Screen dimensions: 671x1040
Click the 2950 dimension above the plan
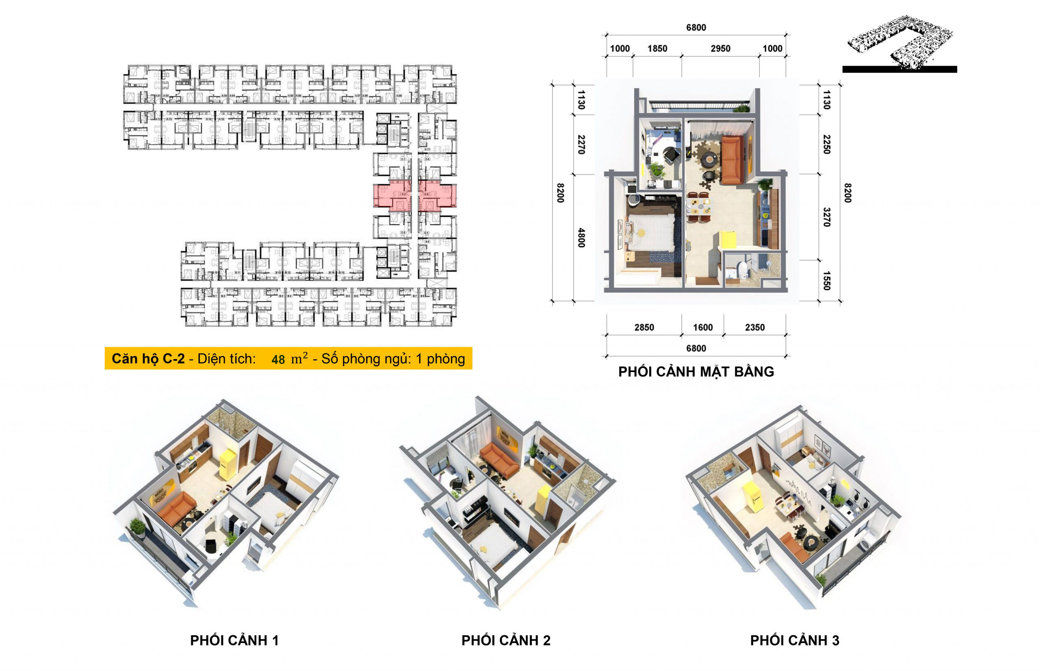click(720, 48)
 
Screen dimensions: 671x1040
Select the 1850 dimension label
click(657, 48)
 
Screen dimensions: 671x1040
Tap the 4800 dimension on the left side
click(581, 238)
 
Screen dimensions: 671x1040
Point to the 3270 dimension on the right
click(826, 217)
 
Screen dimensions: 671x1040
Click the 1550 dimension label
click(826, 281)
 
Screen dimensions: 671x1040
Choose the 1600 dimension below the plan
click(703, 327)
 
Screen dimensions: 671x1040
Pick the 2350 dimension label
click(755, 327)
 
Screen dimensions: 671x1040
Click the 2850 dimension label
click(644, 327)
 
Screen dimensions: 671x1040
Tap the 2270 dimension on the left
click(581, 144)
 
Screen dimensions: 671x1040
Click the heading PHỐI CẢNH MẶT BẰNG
click(696, 372)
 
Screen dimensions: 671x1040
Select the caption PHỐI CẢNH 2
click(506, 640)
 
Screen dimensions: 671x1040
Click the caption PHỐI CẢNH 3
click(794, 640)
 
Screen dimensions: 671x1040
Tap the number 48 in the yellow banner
click(278, 359)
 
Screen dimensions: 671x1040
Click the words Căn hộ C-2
click(148, 359)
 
